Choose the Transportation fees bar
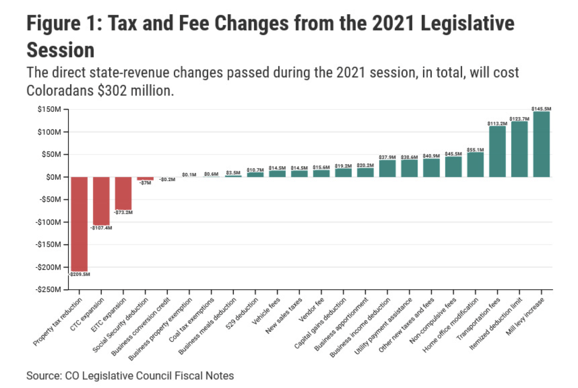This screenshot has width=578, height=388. coord(497,151)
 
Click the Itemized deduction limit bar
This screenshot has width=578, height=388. coord(519,149)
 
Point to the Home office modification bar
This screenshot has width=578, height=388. coord(475,165)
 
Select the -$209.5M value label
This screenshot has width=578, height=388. coord(80,274)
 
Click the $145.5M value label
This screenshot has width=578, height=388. coord(541,109)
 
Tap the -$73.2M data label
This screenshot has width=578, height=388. coord(123,212)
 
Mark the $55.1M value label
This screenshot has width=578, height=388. coord(475,150)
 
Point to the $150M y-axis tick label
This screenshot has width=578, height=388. coord(49,109)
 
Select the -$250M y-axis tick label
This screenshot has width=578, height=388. coord(48,289)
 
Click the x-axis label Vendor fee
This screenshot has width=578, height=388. coord(312,310)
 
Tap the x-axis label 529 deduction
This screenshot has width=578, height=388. coord(242,314)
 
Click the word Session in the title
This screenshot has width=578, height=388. coord(60,50)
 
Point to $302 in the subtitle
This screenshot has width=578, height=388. coord(112,91)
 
